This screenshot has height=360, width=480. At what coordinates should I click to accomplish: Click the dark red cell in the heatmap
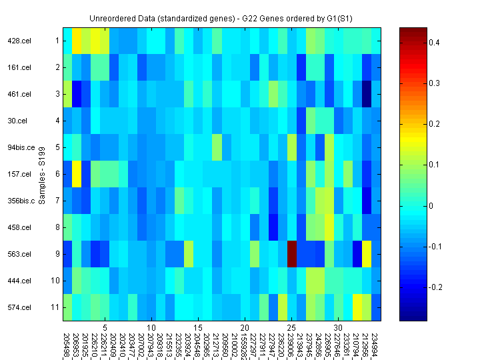(x=292, y=253)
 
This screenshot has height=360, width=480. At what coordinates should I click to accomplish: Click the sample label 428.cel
(x=19, y=41)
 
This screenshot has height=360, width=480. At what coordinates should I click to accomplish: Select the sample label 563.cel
(x=19, y=254)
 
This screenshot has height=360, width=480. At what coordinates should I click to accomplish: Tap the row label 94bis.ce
(x=21, y=147)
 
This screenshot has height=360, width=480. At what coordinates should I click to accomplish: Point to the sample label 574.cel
(x=19, y=307)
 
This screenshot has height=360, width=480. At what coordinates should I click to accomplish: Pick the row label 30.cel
(x=17, y=121)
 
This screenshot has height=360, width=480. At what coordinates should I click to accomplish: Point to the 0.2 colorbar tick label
(x=433, y=124)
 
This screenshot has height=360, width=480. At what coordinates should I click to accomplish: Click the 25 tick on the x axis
(x=291, y=328)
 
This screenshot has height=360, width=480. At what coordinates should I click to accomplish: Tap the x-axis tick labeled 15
(x=198, y=328)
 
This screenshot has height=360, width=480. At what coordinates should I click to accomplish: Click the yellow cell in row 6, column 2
(x=77, y=174)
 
